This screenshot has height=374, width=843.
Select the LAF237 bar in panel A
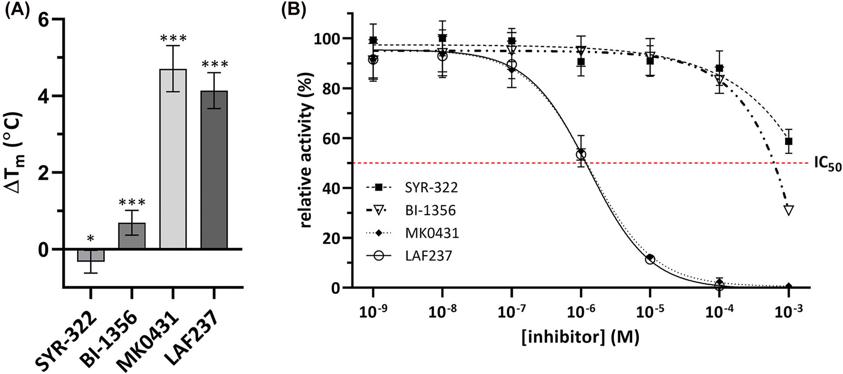point(214,170)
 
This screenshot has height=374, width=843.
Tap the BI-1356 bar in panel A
point(132,236)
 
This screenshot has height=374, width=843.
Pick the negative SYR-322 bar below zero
point(90,255)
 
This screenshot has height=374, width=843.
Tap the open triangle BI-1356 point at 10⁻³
point(789,210)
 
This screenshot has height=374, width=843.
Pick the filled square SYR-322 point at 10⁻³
point(788,142)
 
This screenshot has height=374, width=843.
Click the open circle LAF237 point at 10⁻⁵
point(650,259)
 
